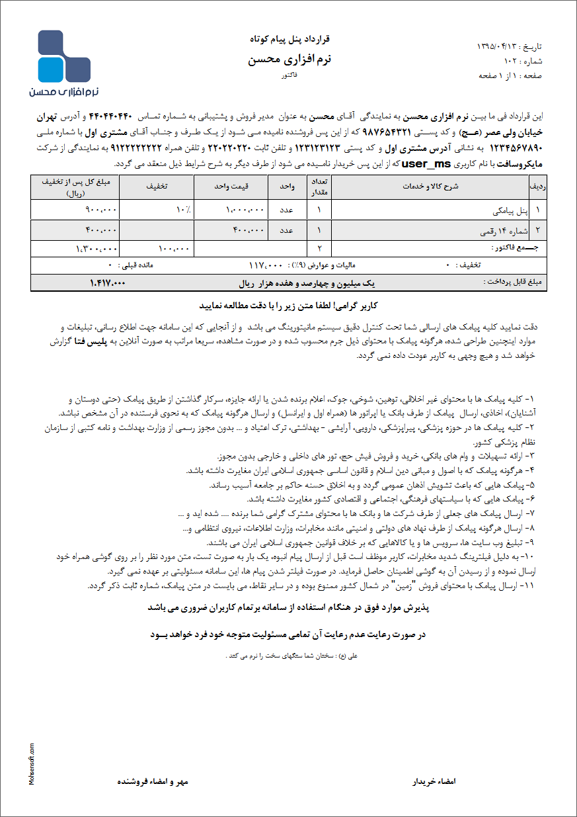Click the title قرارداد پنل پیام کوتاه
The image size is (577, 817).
[x=289, y=40]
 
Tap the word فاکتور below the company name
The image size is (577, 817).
[x=289, y=77]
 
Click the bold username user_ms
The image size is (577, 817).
[x=418, y=163]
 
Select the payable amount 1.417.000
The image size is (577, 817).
[x=107, y=283]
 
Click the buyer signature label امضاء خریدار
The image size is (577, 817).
[x=434, y=781]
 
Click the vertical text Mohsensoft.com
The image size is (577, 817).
[x=32, y=763]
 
